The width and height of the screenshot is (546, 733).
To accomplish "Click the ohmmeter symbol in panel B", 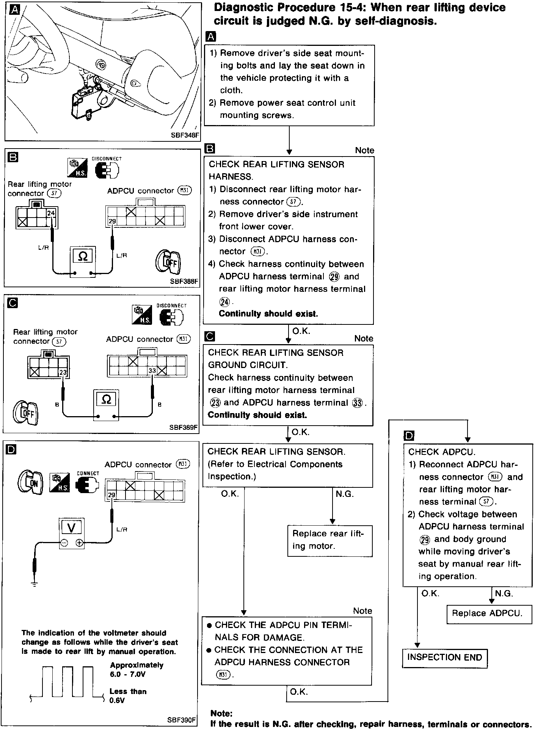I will click(83, 257).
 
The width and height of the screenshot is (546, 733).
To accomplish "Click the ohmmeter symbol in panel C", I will click(107, 399).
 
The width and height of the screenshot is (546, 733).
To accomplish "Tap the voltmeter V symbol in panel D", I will click(71, 528).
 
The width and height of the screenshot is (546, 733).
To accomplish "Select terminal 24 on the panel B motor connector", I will click(51, 213).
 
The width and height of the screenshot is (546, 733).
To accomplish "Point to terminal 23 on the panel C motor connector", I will click(63, 372).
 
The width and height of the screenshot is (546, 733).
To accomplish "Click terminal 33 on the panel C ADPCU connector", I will click(152, 370).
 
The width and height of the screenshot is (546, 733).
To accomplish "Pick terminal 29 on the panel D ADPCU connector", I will click(111, 495).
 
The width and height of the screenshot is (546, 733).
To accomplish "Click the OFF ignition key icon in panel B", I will click(168, 262).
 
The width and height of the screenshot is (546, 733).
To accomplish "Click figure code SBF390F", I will click(182, 720).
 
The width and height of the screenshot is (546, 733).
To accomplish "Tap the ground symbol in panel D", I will click(35, 585).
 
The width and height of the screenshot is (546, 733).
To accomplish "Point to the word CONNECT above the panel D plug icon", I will click(88, 473).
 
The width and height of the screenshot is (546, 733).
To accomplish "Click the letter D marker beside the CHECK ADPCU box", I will click(409, 436).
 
